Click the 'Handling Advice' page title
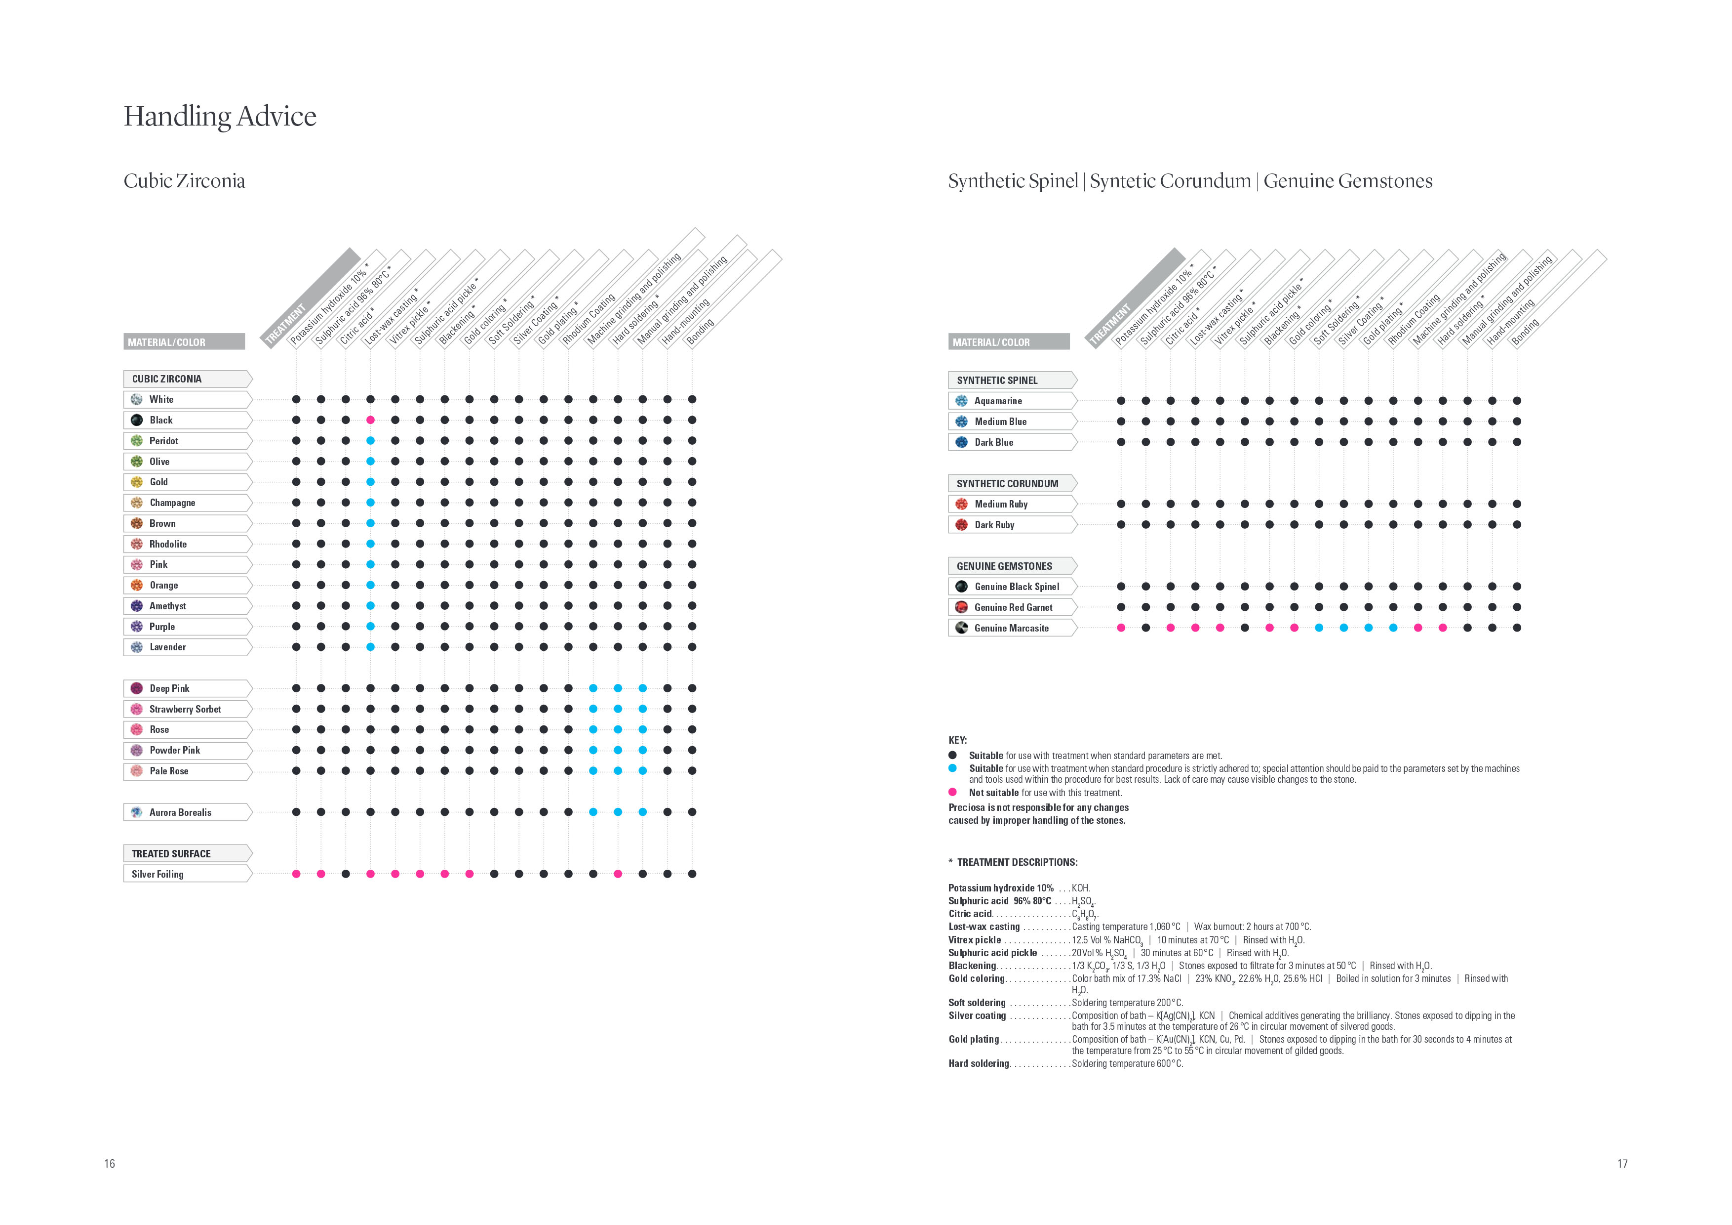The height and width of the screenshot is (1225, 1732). click(220, 116)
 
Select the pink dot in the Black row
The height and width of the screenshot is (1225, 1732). click(370, 420)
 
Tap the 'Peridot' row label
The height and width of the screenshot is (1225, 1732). click(164, 441)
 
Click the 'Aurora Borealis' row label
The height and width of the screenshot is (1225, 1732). click(180, 812)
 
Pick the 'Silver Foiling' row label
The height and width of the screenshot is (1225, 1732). click(157, 874)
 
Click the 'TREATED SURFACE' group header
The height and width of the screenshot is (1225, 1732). click(171, 854)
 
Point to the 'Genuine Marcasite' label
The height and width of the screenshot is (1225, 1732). click(1011, 628)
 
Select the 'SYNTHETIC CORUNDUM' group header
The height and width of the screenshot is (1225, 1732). click(1007, 484)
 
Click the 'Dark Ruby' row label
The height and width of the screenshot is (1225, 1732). click(994, 525)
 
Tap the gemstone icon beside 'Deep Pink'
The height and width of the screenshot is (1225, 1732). click(137, 688)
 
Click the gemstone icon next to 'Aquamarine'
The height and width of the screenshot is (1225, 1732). click(961, 401)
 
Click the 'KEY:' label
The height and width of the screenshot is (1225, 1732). click(957, 740)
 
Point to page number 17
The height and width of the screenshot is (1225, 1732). click(1622, 1163)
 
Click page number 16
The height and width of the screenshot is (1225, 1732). click(110, 1163)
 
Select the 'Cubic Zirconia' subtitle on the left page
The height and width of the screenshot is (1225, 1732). click(184, 181)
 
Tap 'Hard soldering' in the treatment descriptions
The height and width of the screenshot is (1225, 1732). click(979, 1063)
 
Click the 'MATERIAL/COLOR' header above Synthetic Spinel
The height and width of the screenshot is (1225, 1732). click(990, 342)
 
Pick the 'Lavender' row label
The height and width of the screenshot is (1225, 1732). click(167, 647)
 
